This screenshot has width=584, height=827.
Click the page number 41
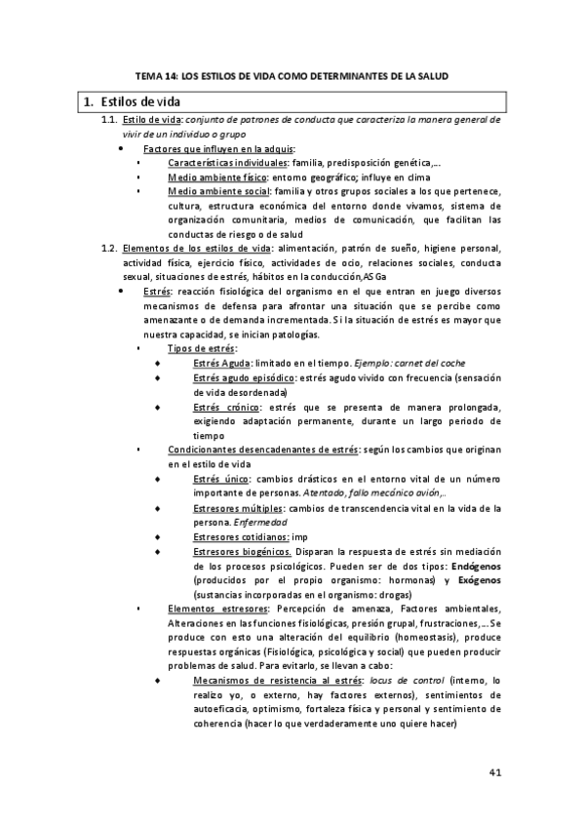(494, 773)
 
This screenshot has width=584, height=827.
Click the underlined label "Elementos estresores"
(213, 610)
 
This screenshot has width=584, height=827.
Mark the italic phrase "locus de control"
(399, 682)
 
